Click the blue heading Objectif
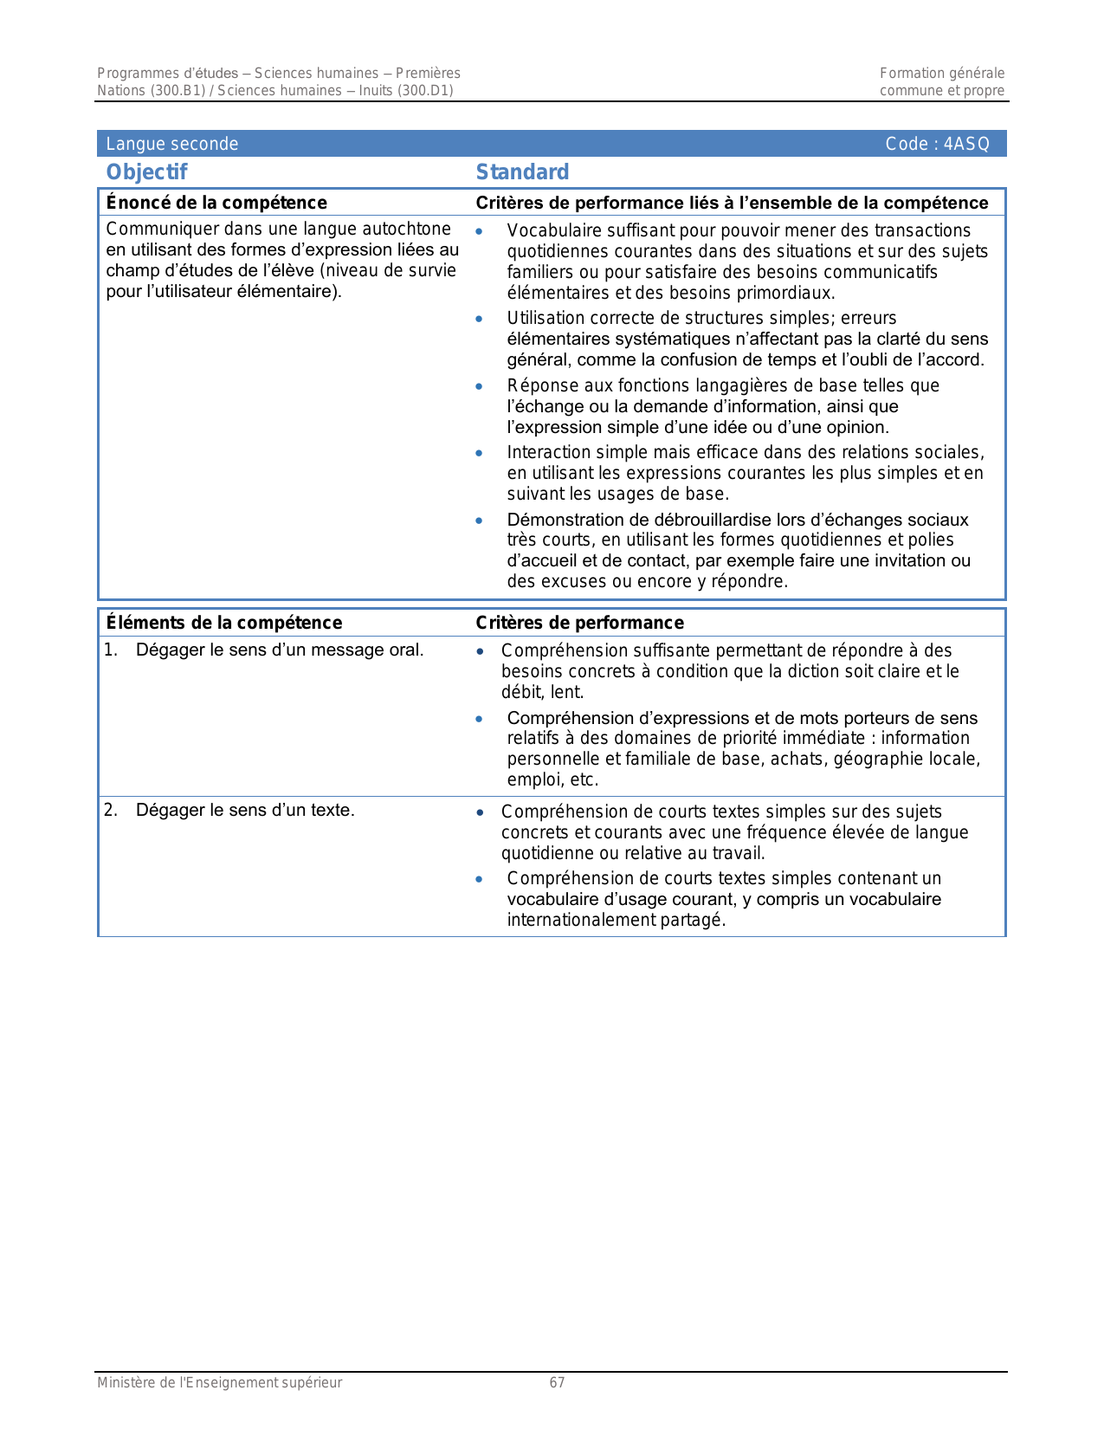pyautogui.click(x=146, y=172)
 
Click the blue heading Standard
pyautogui.click(x=522, y=172)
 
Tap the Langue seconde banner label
pyautogui.click(x=171, y=144)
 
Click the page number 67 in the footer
pyautogui.click(x=557, y=1382)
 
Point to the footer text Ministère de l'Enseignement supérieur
pyautogui.click(x=219, y=1382)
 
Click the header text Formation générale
pyautogui.click(x=942, y=74)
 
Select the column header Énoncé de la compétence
pyautogui.click(x=216, y=203)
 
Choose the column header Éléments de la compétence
pyautogui.click(x=223, y=623)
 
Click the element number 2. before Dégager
pyautogui.click(x=111, y=811)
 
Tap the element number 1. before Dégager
pyautogui.click(x=111, y=650)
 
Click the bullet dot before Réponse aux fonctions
pyautogui.click(x=479, y=386)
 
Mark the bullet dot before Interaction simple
pyautogui.click(x=479, y=453)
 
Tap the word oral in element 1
pyautogui.click(x=404, y=650)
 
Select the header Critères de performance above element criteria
pyautogui.click(x=579, y=623)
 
